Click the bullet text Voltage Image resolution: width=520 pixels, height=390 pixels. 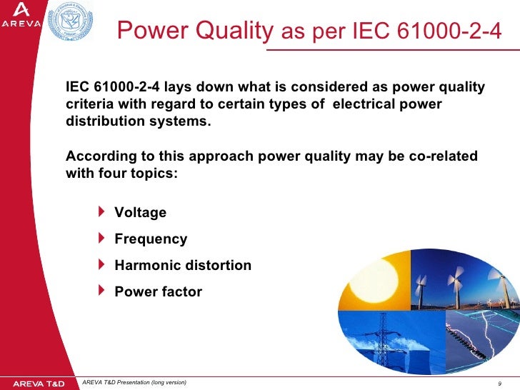click(x=140, y=213)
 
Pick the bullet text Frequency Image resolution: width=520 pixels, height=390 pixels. click(x=151, y=239)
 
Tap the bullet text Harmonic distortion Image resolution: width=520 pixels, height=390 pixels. click(x=183, y=266)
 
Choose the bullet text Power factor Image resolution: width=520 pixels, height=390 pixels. click(x=158, y=292)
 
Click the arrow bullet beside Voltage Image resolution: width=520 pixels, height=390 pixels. click(x=100, y=212)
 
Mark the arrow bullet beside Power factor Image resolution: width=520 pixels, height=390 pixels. click(x=100, y=291)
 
